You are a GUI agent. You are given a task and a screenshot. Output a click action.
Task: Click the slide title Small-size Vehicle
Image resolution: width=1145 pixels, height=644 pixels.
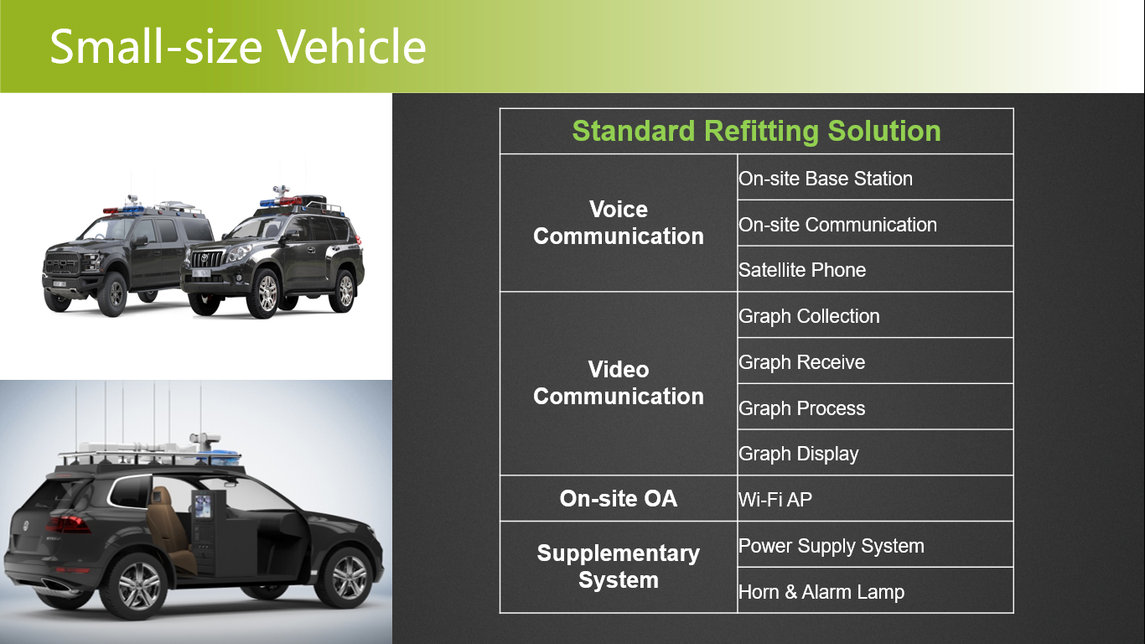click(238, 46)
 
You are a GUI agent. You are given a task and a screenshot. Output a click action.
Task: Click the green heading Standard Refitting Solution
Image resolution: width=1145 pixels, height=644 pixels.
click(756, 131)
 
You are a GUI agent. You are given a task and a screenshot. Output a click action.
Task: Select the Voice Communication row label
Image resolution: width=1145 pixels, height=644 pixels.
click(619, 222)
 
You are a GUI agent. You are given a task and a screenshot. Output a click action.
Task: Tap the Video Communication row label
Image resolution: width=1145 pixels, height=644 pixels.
click(619, 383)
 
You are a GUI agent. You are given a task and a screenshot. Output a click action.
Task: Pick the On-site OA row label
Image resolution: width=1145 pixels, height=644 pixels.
click(619, 499)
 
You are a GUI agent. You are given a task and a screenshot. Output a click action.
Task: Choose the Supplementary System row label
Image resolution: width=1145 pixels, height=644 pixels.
click(619, 567)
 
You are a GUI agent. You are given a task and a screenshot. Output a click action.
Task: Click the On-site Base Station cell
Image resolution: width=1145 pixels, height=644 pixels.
click(826, 179)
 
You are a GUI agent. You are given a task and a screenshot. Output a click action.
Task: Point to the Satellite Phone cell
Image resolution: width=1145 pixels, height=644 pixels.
click(802, 270)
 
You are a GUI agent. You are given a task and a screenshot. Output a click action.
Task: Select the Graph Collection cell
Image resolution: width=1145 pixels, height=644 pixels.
click(809, 316)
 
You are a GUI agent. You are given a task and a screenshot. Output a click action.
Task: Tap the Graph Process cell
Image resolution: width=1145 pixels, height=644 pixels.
click(801, 408)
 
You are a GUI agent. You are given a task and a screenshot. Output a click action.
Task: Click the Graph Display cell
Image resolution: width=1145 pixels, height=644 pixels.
click(798, 454)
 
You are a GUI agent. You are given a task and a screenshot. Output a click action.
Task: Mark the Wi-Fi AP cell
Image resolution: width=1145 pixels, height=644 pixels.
click(775, 500)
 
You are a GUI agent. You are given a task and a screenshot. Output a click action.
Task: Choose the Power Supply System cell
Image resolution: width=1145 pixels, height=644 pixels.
click(831, 546)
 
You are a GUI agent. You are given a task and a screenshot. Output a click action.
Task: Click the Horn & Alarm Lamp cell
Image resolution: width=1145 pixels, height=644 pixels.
click(821, 592)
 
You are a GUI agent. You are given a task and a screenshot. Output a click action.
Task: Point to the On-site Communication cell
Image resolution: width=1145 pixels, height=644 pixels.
click(837, 225)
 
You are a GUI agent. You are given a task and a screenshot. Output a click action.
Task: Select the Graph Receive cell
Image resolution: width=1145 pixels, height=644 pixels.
click(801, 362)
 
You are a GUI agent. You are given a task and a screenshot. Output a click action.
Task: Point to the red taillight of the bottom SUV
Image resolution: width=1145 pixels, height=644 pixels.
click(68, 524)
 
